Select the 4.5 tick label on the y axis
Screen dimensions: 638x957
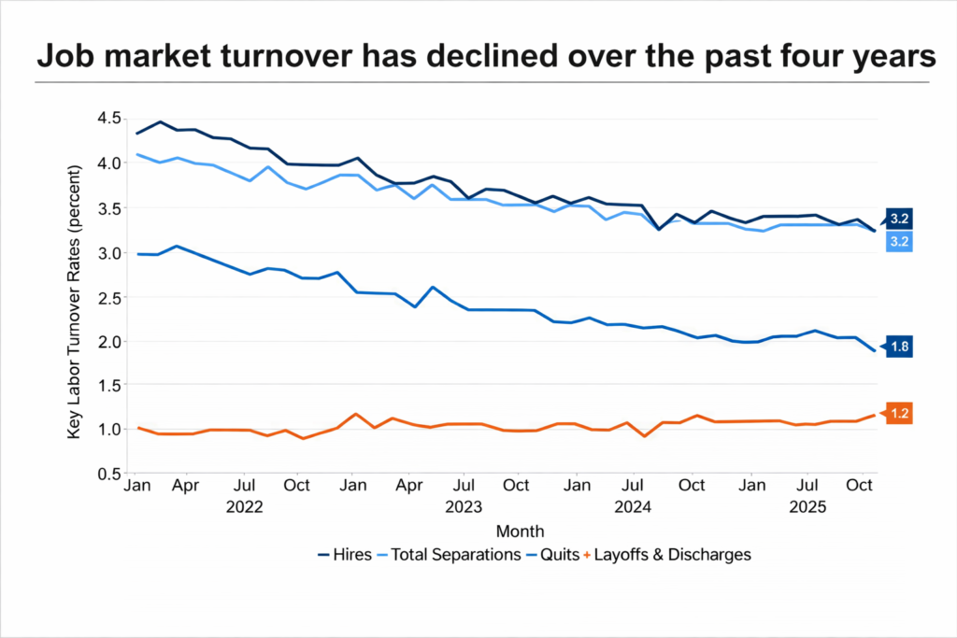109,118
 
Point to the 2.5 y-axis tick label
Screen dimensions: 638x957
109,297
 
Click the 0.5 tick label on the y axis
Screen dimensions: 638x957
109,474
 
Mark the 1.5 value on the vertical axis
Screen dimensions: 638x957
109,385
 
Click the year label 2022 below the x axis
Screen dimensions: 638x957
245,508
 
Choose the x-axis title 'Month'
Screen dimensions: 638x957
513,532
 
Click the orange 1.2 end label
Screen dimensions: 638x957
900,413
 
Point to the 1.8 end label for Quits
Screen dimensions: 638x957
900,347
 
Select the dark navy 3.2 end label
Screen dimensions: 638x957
900,219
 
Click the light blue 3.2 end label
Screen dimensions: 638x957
900,242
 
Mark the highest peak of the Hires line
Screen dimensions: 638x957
160,121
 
